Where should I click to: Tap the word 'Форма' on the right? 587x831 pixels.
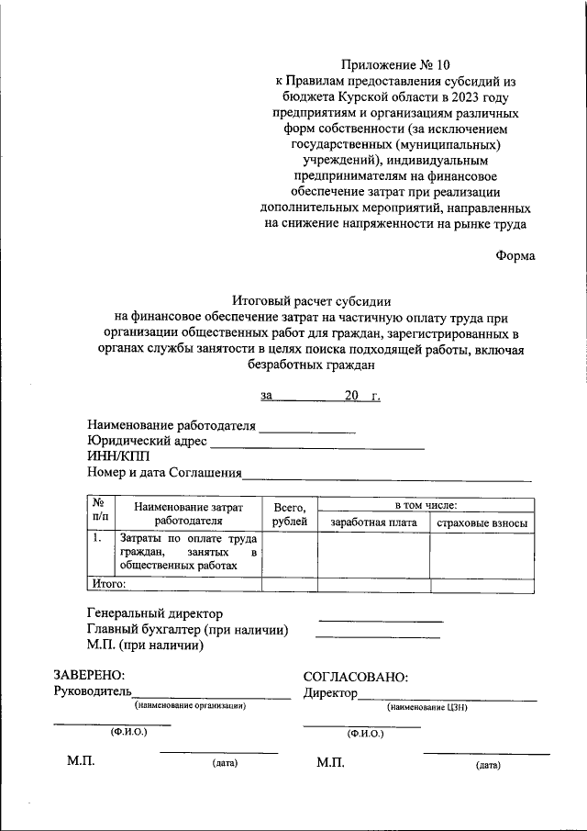(x=515, y=256)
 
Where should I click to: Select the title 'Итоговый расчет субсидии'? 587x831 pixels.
(x=312, y=300)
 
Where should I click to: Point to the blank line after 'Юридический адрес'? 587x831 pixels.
(x=317, y=445)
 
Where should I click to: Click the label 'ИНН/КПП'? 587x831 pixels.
(x=116, y=457)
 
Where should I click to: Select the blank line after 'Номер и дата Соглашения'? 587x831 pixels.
(x=386, y=477)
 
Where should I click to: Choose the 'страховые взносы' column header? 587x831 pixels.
(x=482, y=522)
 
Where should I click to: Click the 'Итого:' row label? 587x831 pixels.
(x=108, y=582)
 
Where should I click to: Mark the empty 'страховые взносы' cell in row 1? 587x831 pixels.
(x=482, y=554)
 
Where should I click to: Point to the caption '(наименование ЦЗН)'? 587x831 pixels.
(x=428, y=707)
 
